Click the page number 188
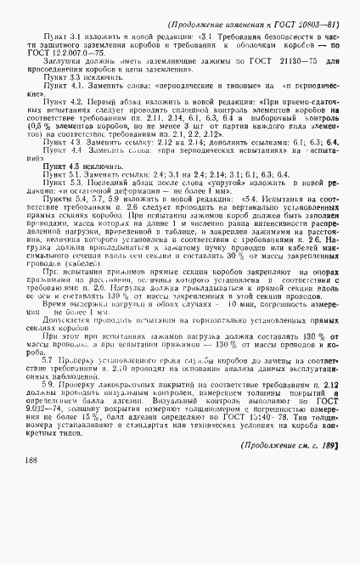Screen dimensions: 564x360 pos(32,507)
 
